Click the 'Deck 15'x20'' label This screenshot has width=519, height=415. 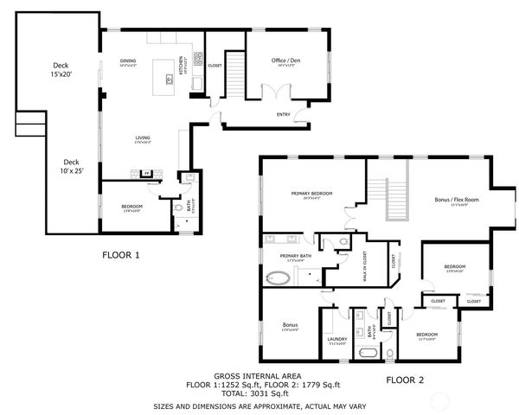(x=60, y=69)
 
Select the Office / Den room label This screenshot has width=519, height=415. (x=285, y=61)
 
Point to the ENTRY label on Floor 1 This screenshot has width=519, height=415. (x=283, y=113)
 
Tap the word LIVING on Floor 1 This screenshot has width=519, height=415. (x=142, y=138)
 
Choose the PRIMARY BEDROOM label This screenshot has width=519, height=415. (x=311, y=194)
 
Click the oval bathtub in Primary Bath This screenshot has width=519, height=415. (x=279, y=278)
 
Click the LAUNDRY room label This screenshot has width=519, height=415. (x=336, y=339)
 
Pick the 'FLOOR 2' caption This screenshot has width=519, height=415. (x=404, y=380)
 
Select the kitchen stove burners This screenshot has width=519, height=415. (x=197, y=61)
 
